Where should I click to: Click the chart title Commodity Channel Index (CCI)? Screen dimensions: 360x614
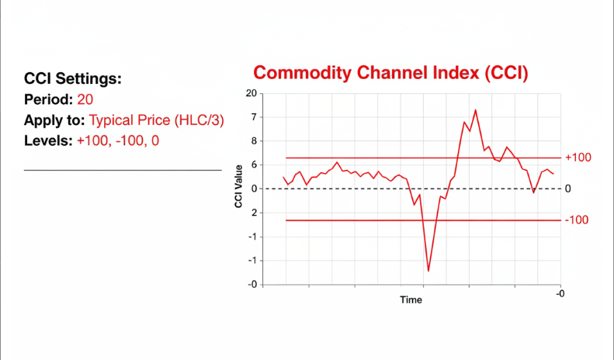coord(390,74)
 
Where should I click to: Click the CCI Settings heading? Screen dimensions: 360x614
coord(73,79)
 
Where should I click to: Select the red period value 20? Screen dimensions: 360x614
coord(86,100)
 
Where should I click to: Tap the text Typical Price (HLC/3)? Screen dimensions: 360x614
coord(156,120)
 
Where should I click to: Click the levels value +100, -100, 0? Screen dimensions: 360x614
coord(117,141)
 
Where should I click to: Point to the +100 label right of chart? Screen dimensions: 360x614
coord(578,157)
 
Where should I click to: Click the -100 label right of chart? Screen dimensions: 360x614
coord(577,220)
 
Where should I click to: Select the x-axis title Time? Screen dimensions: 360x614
coord(411,299)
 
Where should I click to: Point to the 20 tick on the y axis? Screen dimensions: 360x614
coord(251,93)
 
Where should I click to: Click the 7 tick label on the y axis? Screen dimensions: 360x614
coord(253,117)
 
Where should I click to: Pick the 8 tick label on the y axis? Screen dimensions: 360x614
coord(253,141)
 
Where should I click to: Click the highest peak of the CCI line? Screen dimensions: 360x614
coord(475,110)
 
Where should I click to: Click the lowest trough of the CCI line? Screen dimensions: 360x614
coord(428,271)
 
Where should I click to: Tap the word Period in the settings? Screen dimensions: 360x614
coord(48,100)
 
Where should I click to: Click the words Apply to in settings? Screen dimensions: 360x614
coord(54,120)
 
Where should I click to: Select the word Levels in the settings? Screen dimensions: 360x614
coord(47,141)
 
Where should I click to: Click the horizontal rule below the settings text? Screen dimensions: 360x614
coord(123,170)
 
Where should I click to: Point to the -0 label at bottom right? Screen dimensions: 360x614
coord(560,292)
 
